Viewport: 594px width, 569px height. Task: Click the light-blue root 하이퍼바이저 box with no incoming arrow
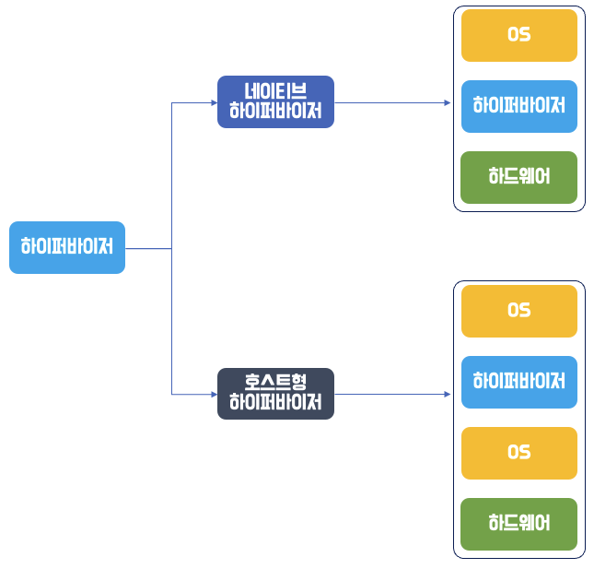coord(66,247)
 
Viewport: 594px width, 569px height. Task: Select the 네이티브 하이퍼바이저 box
coord(275,102)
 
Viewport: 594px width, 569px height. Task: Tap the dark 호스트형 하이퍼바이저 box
coord(275,394)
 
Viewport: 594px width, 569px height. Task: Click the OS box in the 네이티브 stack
coord(518,35)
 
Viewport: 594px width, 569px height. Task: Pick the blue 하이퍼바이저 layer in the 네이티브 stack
coord(518,106)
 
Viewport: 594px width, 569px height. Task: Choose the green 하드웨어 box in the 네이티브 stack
coord(518,177)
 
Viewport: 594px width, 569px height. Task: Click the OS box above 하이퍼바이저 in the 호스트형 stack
coord(518,311)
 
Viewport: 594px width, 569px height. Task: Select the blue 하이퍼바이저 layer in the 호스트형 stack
coord(518,382)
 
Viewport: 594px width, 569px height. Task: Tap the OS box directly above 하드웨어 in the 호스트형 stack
coord(518,453)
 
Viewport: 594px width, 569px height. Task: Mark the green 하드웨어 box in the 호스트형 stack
coord(518,524)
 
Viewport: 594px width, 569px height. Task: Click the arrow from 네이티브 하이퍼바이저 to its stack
coord(391,102)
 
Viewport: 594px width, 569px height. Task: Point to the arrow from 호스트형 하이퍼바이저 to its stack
coord(391,394)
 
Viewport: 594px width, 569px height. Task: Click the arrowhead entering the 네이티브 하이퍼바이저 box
coord(214,102)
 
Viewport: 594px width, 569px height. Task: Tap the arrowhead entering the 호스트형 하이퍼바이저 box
coord(214,394)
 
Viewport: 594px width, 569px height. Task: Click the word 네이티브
coord(275,91)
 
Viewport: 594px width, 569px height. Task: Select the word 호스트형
coord(275,382)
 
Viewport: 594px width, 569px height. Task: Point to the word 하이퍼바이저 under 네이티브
coord(275,113)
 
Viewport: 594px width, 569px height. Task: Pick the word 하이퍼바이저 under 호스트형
coord(275,404)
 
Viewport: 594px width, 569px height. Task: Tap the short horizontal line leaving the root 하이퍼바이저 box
coord(148,248)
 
